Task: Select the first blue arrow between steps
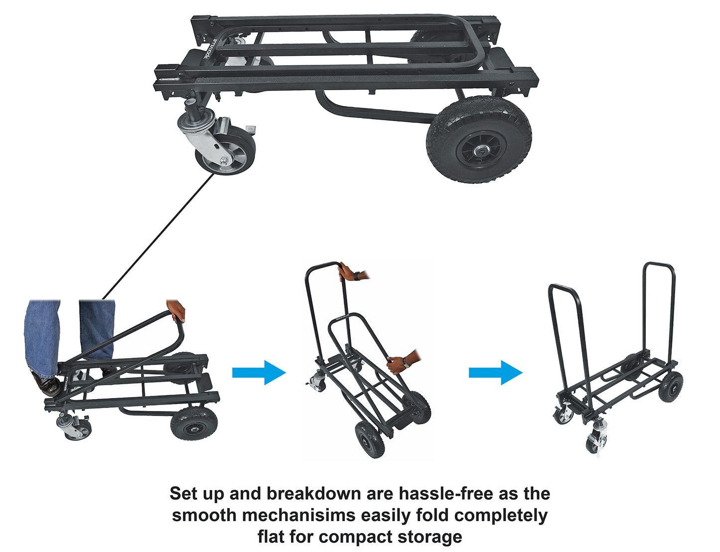click(259, 372)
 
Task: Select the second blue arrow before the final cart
click(495, 372)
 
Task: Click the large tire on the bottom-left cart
click(193, 423)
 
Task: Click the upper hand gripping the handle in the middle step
click(347, 272)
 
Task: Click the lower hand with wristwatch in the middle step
click(399, 363)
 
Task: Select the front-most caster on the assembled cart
click(595, 441)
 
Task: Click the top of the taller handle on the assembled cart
click(659, 264)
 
